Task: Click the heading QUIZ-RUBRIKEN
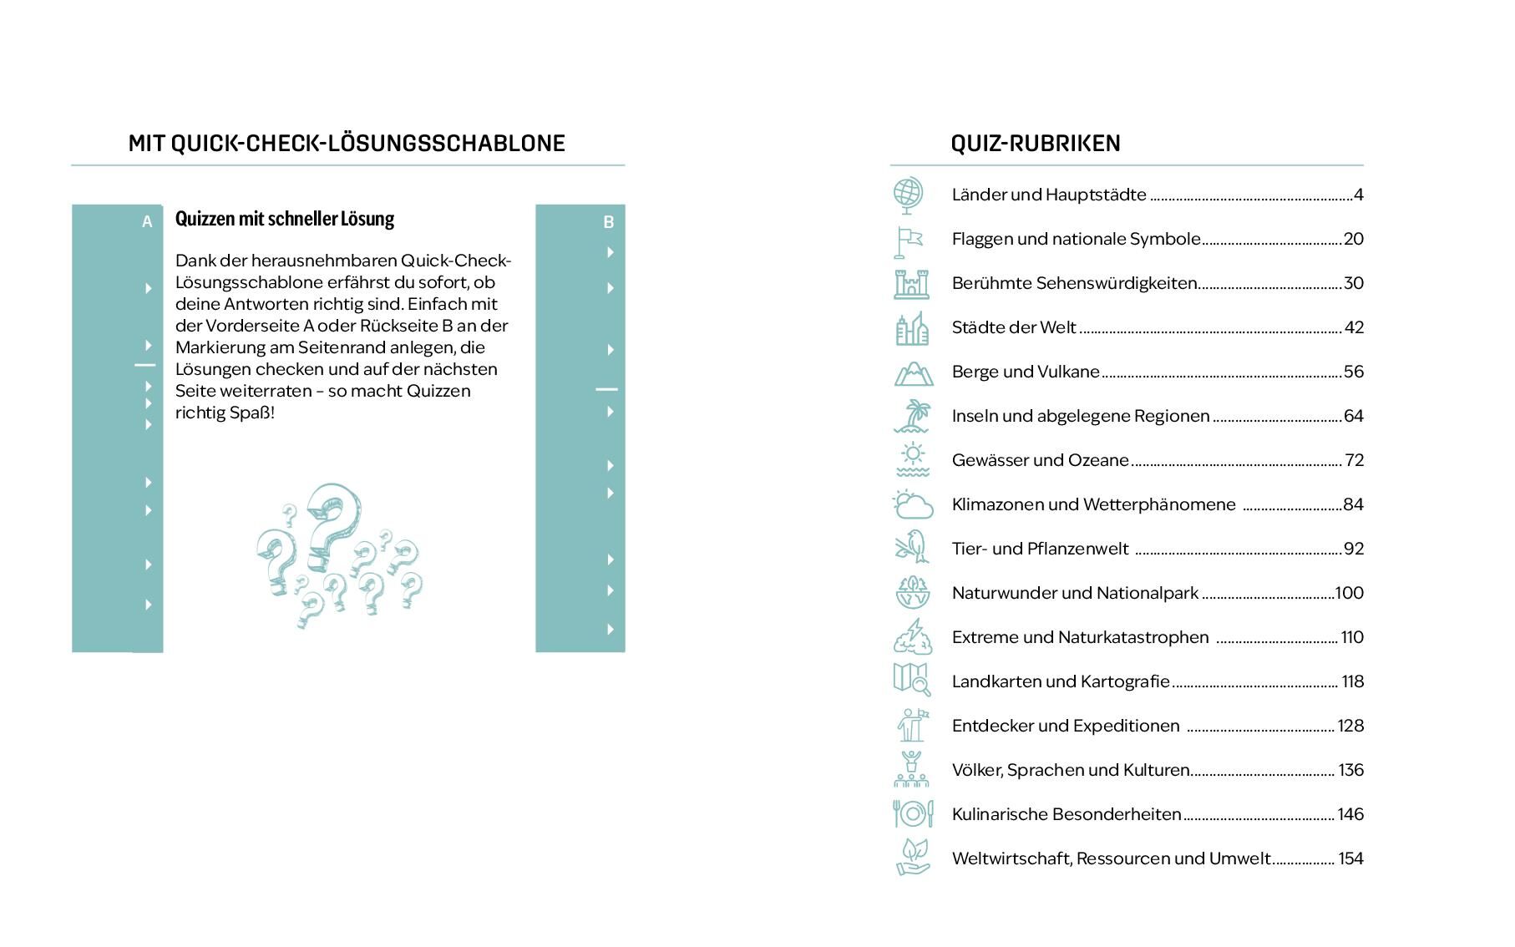pos(1035,144)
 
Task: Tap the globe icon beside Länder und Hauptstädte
pos(908,195)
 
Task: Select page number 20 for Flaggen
pos(1353,239)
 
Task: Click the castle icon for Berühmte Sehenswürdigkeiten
pos(911,284)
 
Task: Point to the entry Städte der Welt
pos(1014,327)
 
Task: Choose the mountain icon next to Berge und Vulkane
pos(913,372)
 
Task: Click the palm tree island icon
pos(912,416)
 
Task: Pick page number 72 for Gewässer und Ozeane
pos(1354,460)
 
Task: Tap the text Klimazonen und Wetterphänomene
pos(1093,504)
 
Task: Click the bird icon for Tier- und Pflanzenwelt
pos(912,548)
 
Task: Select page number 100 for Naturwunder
pos(1349,593)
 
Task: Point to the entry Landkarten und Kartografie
pos(1061,681)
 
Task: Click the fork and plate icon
pos(912,813)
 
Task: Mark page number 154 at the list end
pos(1350,858)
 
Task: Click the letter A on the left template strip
pos(147,222)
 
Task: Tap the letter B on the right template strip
pos(608,222)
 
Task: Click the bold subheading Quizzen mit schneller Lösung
pos(284,219)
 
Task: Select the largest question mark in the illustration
pos(332,519)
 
